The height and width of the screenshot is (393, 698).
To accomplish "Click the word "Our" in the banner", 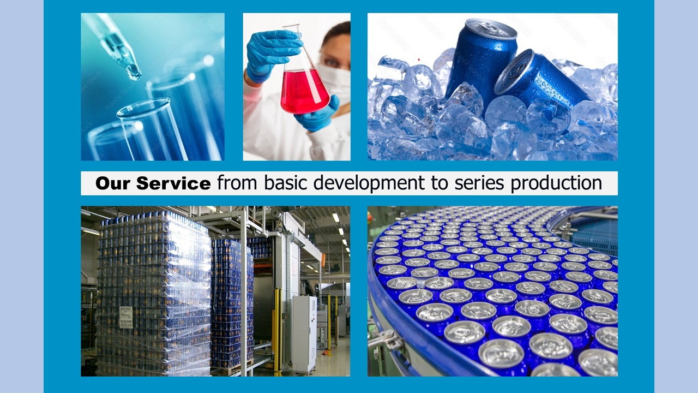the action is (113, 183).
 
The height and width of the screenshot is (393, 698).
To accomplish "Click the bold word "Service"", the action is (173, 183).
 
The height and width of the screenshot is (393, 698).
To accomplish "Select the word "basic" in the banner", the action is (286, 183).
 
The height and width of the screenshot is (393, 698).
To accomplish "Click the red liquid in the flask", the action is (304, 92).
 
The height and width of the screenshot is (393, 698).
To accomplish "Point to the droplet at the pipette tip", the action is (134, 73).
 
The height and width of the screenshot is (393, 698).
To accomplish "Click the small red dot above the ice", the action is (419, 59).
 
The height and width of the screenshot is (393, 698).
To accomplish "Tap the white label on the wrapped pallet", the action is (126, 317).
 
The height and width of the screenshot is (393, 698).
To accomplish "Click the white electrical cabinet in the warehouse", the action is (304, 334).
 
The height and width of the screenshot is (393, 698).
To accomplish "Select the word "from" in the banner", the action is (237, 183).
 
